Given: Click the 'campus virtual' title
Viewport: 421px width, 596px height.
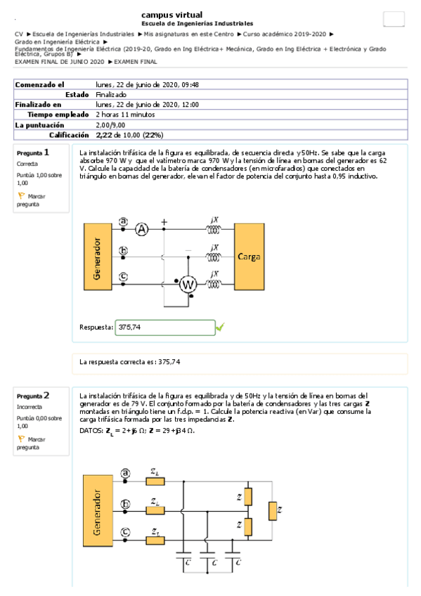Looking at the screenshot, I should tap(172, 14).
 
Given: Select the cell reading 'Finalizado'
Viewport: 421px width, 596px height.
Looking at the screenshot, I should tap(111, 94).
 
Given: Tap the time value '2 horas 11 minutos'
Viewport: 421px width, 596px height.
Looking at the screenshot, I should tap(126, 114).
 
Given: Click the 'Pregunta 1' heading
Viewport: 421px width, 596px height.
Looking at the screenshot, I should tap(33, 153).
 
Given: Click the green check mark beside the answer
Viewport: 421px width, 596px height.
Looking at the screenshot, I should tap(220, 327).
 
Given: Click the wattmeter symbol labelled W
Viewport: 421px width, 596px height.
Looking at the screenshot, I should tap(188, 284).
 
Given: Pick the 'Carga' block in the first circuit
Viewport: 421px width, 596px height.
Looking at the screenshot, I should tap(250, 257).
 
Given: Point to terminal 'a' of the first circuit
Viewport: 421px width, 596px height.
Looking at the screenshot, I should tap(124, 221).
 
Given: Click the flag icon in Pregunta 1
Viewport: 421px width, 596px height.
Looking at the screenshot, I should tap(20, 196).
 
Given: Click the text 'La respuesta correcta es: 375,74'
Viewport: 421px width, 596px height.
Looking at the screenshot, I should tap(130, 362).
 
